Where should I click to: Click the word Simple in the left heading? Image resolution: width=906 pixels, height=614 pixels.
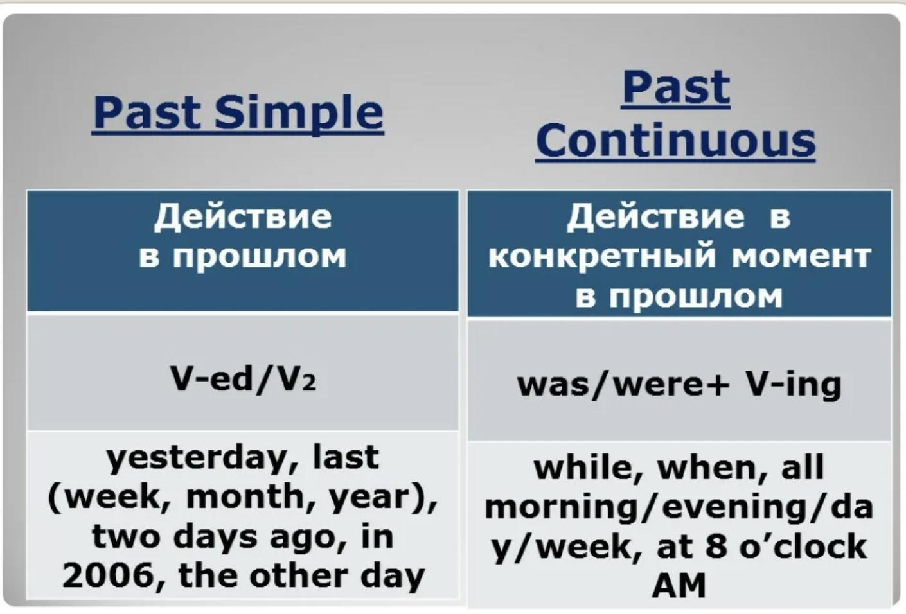click(x=299, y=114)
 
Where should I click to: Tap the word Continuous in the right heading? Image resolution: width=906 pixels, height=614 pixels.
click(x=675, y=140)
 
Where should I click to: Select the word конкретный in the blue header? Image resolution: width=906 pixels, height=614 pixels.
click(x=602, y=257)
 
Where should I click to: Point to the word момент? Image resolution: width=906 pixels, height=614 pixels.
click(x=801, y=257)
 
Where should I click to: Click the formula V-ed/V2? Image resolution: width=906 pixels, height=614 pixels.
click(x=243, y=379)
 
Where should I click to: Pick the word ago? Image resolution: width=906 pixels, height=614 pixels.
click(x=306, y=539)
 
